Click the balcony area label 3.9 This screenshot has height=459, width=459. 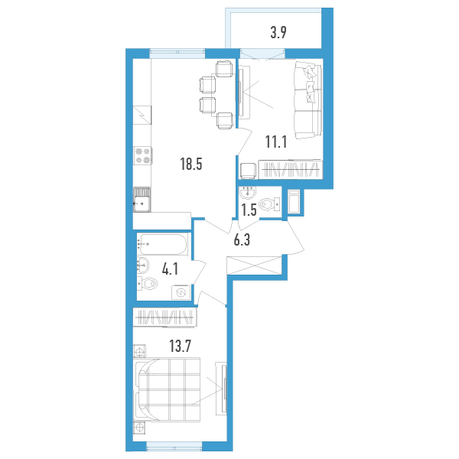(278, 32)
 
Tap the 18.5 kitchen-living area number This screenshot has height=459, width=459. (191, 164)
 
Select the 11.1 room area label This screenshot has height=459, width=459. (276, 142)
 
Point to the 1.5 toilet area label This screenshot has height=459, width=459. (249, 210)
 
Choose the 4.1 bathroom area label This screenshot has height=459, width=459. (170, 269)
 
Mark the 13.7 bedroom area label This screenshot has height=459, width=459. (180, 347)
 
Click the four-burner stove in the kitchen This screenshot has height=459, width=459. (142, 155)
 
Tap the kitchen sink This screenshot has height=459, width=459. (142, 200)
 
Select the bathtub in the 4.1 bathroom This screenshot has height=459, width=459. (163, 245)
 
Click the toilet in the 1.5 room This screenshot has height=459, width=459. (269, 204)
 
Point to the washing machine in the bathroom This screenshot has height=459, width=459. (181, 292)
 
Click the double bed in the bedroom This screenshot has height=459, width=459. (167, 389)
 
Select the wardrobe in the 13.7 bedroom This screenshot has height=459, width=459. (165, 317)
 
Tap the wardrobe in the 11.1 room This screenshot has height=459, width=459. (291, 170)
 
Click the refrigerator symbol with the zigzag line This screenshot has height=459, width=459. (142, 115)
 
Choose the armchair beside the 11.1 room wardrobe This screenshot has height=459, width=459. (248, 171)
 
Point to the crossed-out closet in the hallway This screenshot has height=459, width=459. (254, 265)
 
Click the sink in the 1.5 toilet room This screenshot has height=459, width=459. (248, 192)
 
